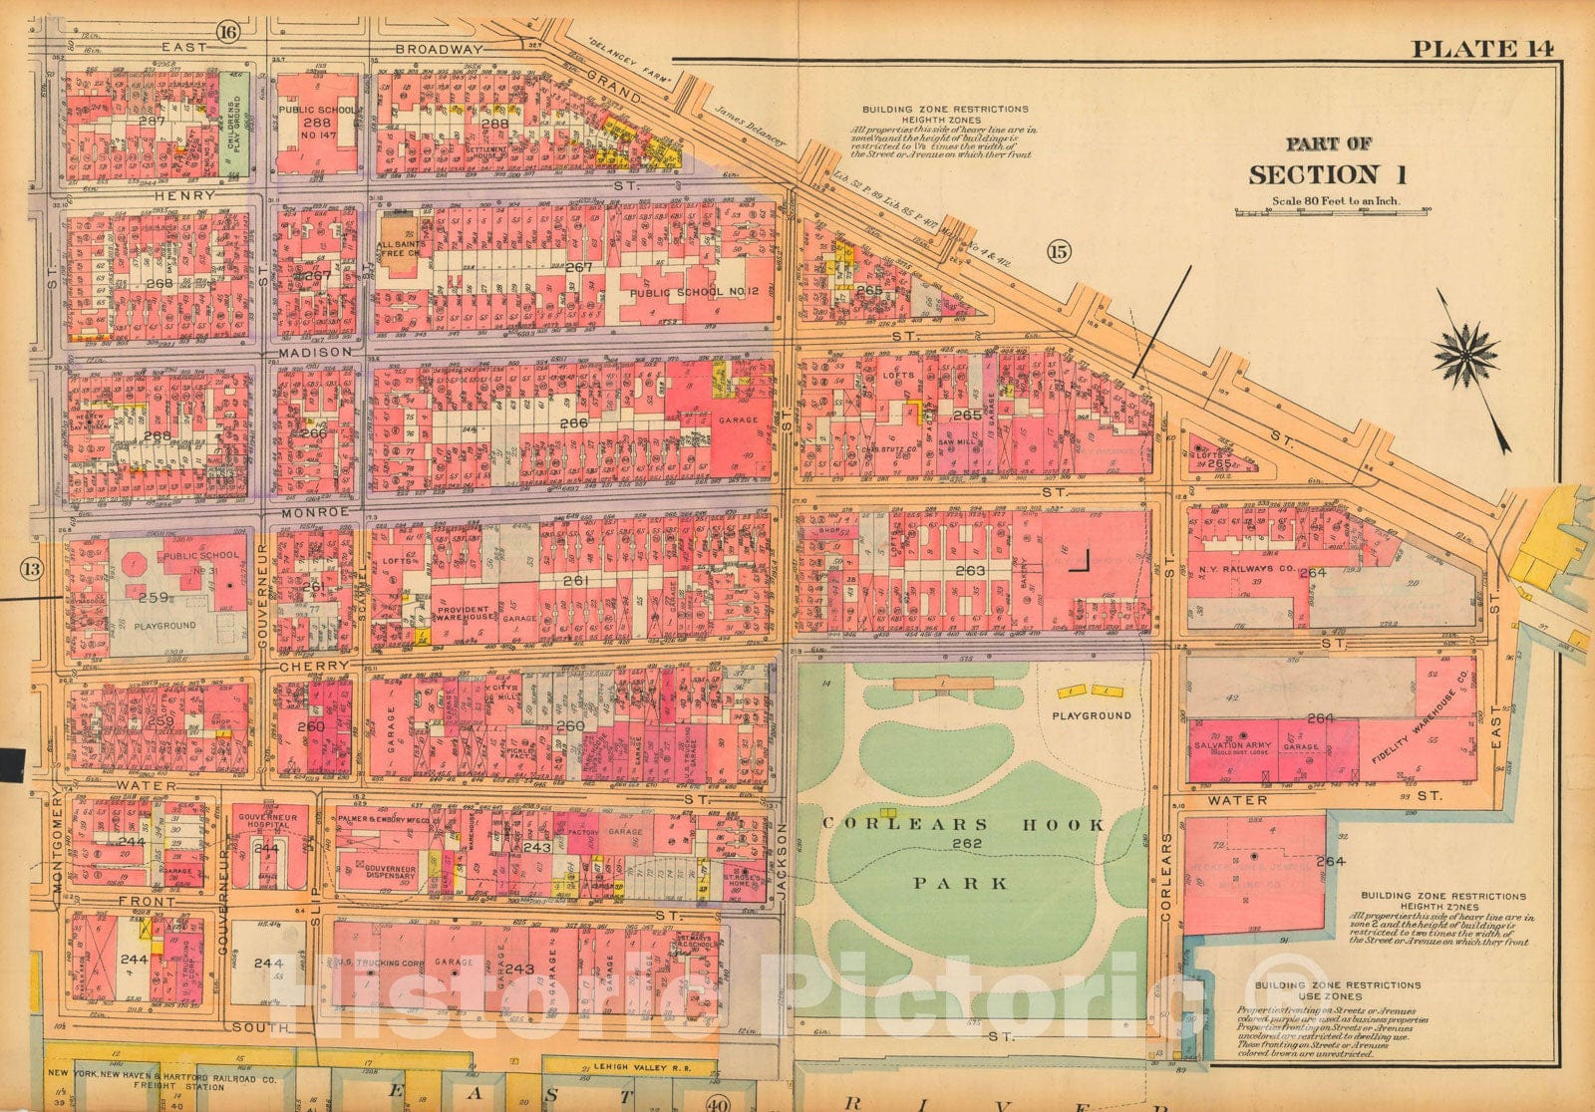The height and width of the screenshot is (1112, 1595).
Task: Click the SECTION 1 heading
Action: click(1327, 175)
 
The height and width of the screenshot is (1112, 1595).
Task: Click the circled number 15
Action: click(1058, 253)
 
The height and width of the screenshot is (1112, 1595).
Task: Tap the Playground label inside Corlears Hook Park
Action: click(1094, 715)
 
